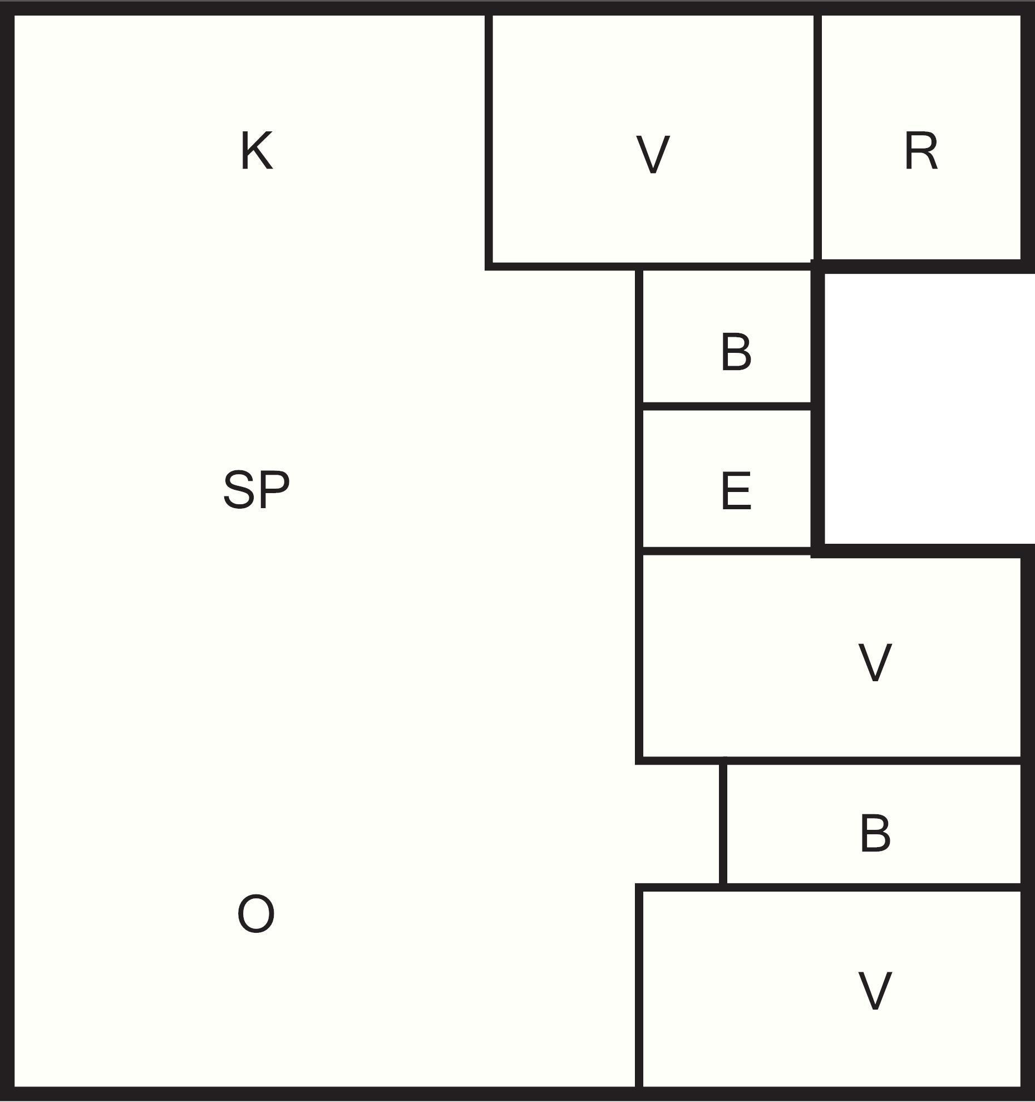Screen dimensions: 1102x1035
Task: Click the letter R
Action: [921, 151]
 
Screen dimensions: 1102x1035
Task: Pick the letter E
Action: [736, 491]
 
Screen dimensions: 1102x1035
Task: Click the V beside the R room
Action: [652, 155]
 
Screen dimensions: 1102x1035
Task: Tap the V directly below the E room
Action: [875, 662]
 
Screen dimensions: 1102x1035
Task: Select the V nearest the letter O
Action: [875, 990]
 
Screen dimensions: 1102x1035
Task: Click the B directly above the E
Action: [736, 352]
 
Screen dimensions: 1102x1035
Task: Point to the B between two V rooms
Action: [875, 833]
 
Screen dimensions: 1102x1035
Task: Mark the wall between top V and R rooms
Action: [817, 139]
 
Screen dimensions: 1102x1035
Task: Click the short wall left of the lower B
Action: [723, 824]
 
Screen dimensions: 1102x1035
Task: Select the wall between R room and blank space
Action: [924, 266]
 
